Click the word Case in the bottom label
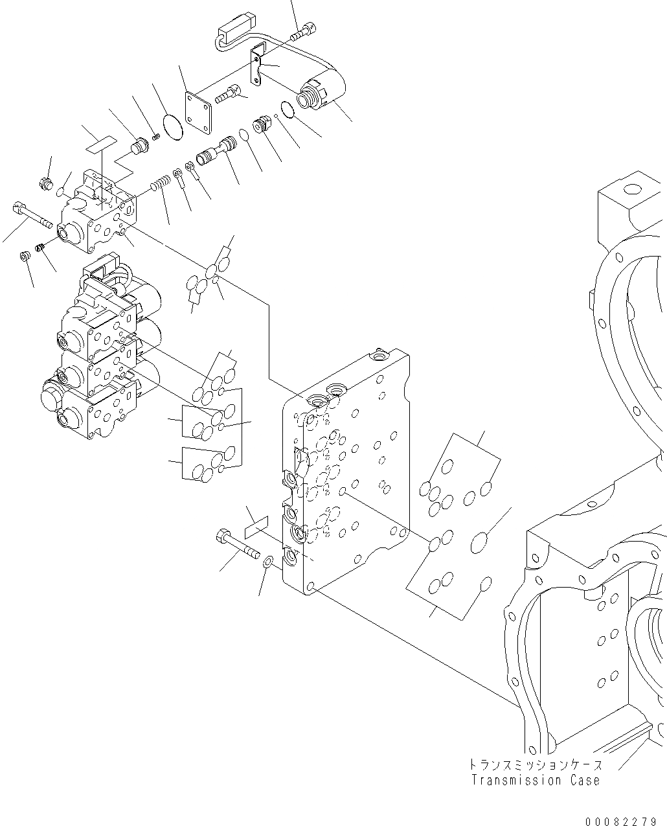coord(581,780)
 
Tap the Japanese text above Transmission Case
coord(536,765)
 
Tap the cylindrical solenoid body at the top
coord(321,95)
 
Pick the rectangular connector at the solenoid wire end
coord(232,30)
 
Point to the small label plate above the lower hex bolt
coord(256,526)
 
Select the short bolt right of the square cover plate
coord(230,95)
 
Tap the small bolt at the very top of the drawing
coord(306,29)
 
